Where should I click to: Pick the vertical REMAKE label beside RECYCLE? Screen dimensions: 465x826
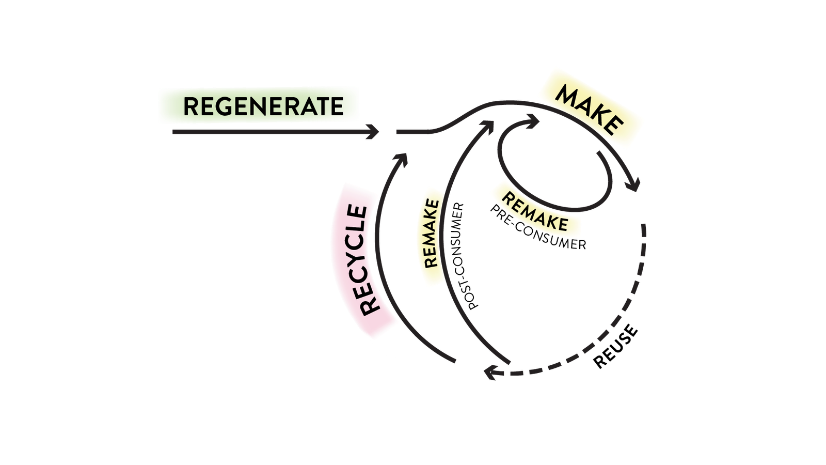pyautogui.click(x=431, y=235)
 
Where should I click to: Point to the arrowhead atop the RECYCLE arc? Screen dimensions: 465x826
pyautogui.click(x=401, y=158)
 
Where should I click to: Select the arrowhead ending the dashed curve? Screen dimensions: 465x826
pyautogui.click(x=490, y=372)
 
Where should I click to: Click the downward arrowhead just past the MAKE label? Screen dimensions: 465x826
pyautogui.click(x=633, y=184)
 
